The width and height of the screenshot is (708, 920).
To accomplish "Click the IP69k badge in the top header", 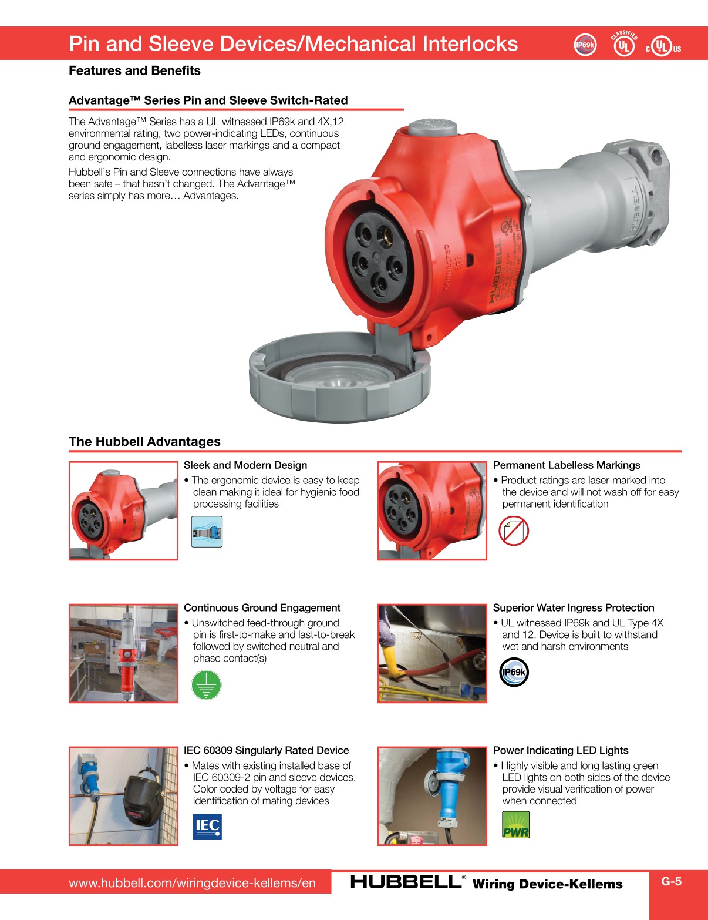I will click(x=585, y=45).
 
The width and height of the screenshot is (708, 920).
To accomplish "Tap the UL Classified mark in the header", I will click(x=624, y=44).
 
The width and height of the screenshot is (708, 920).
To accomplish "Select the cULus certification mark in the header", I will click(x=663, y=46).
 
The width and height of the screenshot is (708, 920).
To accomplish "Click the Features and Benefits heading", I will click(x=134, y=71).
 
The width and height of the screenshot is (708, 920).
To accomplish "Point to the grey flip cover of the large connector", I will click(x=339, y=381).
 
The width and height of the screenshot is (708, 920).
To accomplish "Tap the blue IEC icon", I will click(x=207, y=826).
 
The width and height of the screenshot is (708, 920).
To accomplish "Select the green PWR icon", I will click(x=515, y=825).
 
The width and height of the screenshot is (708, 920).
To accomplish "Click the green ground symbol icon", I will click(x=206, y=685).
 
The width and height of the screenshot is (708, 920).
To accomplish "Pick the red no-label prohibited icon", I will click(x=514, y=530).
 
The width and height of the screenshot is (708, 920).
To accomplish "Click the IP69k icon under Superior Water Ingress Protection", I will click(x=514, y=673).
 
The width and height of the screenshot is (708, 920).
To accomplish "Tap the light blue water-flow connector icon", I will click(x=207, y=532).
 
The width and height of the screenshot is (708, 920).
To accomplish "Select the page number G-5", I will click(x=671, y=881).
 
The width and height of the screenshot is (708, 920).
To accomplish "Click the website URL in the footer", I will click(x=192, y=883).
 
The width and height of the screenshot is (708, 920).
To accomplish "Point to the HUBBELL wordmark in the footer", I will click(x=406, y=882).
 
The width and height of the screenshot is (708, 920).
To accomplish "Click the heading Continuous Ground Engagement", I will click(x=262, y=608).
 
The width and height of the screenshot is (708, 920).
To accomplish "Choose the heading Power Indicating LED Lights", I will click(x=560, y=750).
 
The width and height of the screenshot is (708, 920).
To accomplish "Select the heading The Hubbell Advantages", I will click(x=144, y=442).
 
